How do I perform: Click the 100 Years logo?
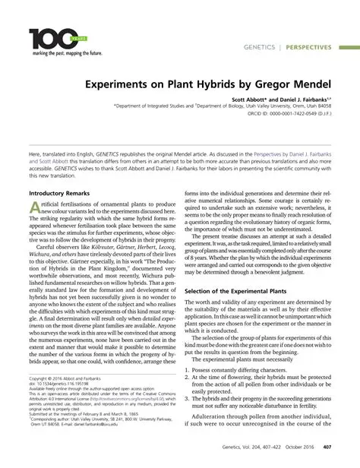[x=52, y=37]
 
